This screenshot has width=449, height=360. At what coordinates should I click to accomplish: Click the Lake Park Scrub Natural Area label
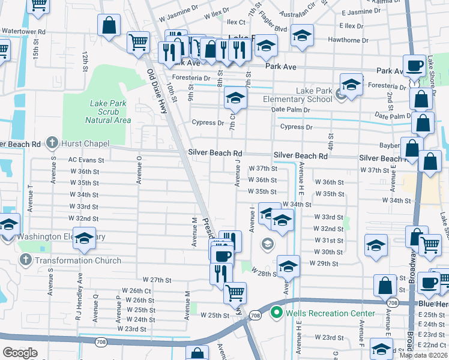108,112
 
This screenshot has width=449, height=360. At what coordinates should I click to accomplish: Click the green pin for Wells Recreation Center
276,313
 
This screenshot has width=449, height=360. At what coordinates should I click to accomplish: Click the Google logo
20,352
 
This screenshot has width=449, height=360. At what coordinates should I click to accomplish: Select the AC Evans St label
86,160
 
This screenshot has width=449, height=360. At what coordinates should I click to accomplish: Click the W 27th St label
157,280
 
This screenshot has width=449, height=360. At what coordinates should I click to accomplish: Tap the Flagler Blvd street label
273,28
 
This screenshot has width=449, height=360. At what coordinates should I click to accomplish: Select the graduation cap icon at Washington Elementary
84,238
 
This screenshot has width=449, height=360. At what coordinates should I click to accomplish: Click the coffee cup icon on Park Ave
414,65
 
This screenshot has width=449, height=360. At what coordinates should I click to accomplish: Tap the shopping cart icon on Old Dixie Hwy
138,42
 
